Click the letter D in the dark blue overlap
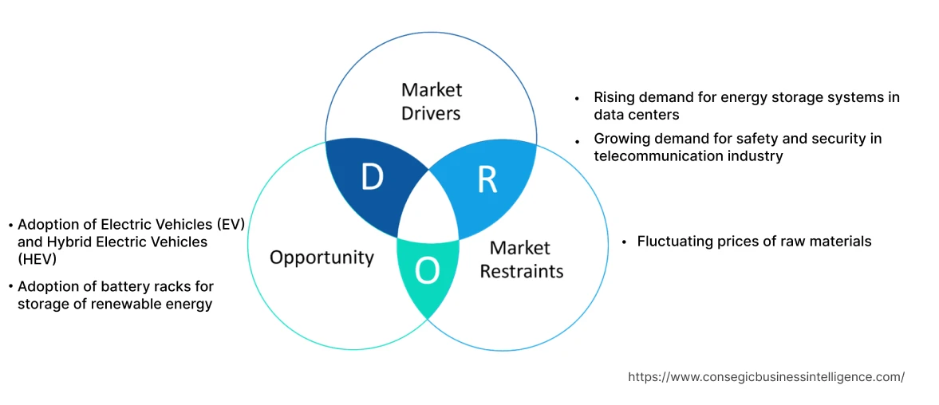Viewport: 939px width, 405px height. click(372, 178)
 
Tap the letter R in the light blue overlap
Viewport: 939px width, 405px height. click(487, 180)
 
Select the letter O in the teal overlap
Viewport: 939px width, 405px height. click(428, 271)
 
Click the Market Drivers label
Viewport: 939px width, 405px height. click(431, 101)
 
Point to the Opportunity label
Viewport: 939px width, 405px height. click(322, 257)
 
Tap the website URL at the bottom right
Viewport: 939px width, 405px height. click(766, 377)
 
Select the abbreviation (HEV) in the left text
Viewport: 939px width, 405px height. click(35, 258)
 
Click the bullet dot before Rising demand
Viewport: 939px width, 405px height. click(577, 99)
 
